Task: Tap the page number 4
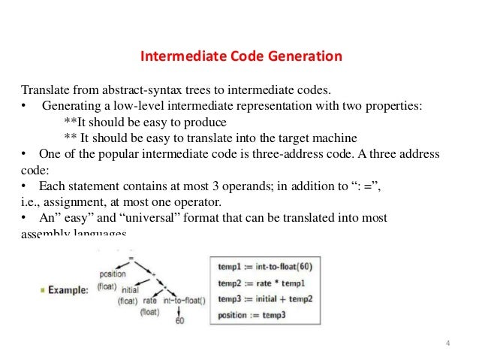447,345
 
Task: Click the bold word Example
69,289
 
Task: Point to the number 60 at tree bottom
179,321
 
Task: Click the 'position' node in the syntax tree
112,274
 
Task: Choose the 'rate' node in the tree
149,298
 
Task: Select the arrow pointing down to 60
179,311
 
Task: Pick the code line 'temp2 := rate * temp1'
260,283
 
